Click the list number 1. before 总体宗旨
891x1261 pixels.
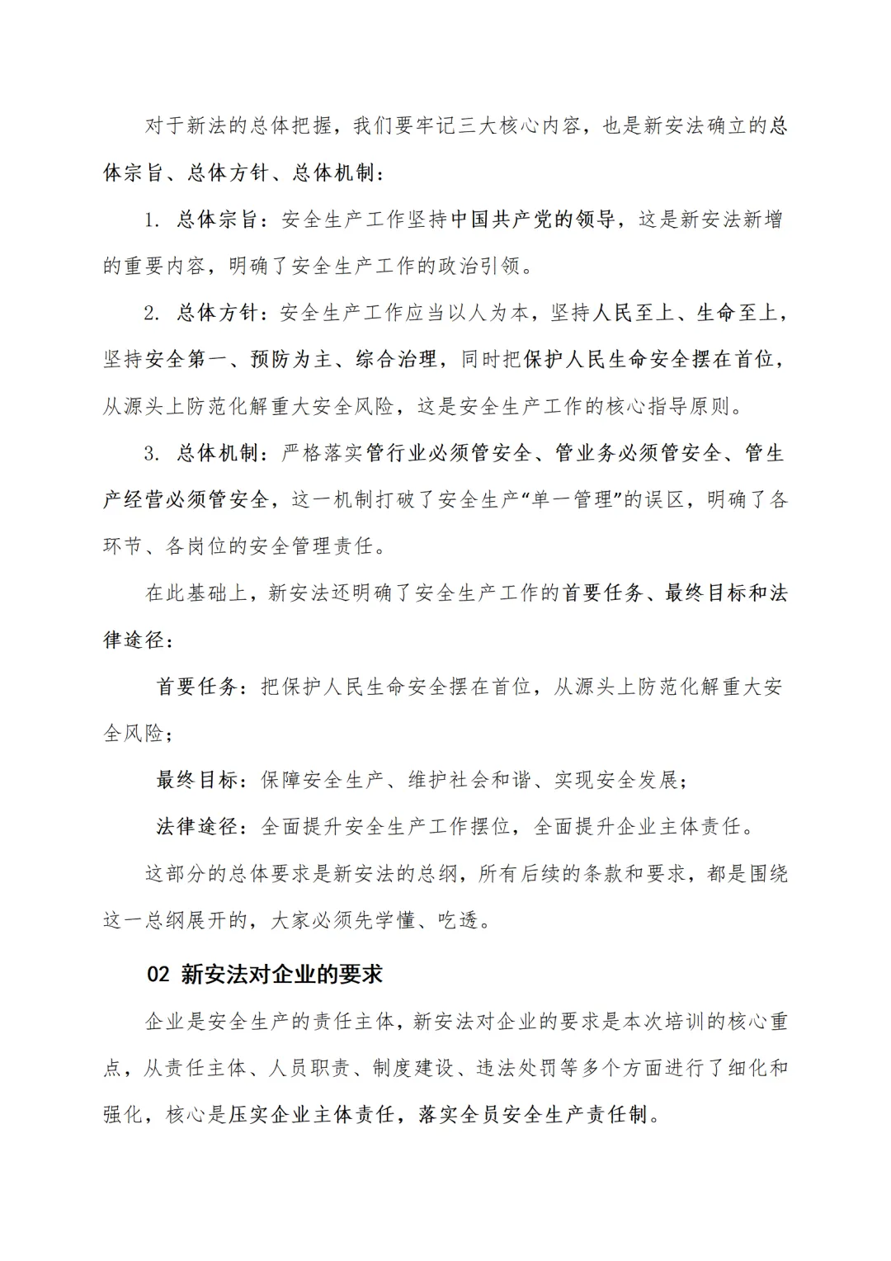(151, 220)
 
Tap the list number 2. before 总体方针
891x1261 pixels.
(151, 314)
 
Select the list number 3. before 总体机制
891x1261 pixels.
(151, 454)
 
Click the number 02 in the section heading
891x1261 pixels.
(158, 975)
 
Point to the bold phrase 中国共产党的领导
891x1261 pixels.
(533, 220)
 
